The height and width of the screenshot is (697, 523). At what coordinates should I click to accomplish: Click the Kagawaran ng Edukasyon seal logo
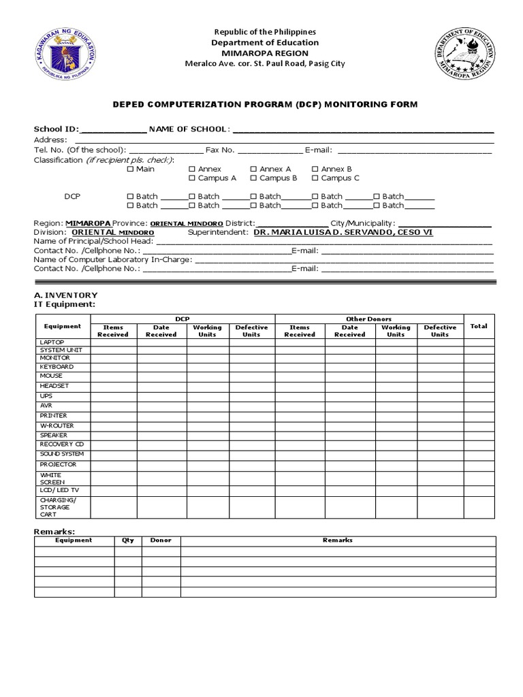[x=64, y=53]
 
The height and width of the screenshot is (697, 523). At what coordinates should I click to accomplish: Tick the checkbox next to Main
[x=131, y=169]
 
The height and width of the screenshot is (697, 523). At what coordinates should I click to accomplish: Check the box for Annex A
[x=254, y=169]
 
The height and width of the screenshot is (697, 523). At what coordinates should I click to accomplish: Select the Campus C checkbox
[x=315, y=178]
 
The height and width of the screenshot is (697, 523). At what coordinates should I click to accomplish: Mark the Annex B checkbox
[x=315, y=169]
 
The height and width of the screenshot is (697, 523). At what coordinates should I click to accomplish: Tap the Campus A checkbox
[x=192, y=178]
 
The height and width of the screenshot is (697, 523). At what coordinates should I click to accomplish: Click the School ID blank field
[x=113, y=130]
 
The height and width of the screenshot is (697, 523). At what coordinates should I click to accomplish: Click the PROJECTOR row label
[x=58, y=464]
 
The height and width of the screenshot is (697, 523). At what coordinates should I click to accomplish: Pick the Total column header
[x=479, y=326]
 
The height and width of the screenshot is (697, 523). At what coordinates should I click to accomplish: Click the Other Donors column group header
[x=368, y=319]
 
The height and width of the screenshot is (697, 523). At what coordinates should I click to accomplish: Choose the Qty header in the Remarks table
[x=128, y=540]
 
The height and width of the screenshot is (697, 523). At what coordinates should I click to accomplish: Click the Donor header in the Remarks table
[x=161, y=540]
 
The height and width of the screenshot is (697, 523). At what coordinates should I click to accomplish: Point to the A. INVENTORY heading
[x=65, y=295]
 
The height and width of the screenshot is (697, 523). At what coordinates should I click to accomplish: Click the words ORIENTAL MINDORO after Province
[x=186, y=223]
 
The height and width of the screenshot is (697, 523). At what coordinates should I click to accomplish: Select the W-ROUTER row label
[x=57, y=425]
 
